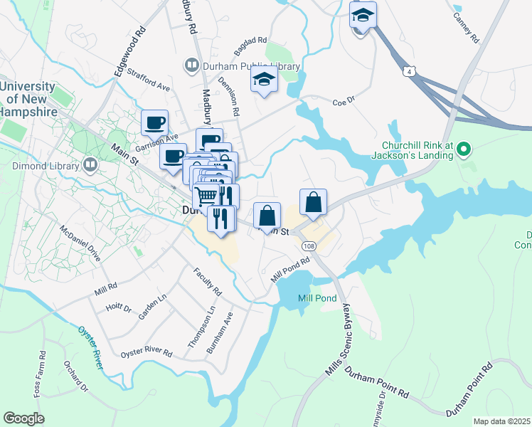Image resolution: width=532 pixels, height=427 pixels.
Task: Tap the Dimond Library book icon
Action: click(x=90, y=166)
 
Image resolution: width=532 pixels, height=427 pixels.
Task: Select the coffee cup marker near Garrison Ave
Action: click(x=154, y=123)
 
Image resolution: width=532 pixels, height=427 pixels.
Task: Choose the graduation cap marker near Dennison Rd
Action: click(x=264, y=82)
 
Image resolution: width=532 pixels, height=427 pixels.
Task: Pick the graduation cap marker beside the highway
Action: click(x=363, y=16)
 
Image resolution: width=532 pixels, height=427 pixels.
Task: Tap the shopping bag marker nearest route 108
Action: click(x=313, y=203)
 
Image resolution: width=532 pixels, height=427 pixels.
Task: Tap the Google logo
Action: click(x=23, y=418)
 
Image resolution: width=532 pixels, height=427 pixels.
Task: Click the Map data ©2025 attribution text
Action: click(x=502, y=421)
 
